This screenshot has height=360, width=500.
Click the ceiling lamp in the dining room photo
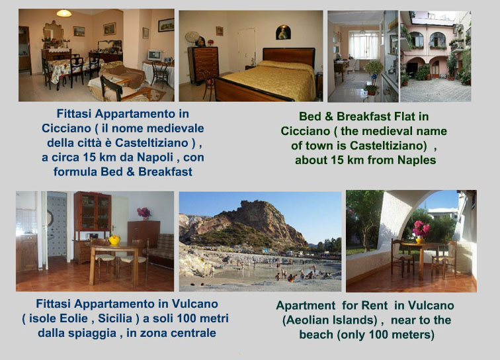pos(63,13)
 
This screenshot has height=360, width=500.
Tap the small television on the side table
pos(154,55)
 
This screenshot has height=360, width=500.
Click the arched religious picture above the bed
pos(283,32)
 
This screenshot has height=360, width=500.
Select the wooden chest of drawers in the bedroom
pos(203,64)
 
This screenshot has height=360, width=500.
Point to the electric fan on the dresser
pos(192,38)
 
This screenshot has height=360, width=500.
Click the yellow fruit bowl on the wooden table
pos(114,240)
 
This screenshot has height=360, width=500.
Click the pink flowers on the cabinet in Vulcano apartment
pos(144,213)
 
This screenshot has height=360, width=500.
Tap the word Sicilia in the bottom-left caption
pos(115,318)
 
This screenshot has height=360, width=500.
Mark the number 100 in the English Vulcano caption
pos(380,335)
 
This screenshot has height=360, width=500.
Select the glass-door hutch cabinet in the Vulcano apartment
pos(93,220)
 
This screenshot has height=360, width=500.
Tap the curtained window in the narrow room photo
pos(364,45)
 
